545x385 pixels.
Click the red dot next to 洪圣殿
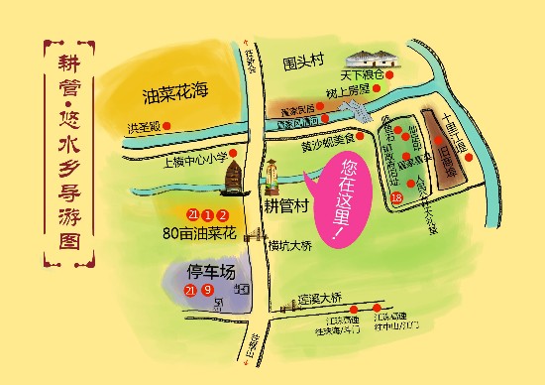pyautogui.click(x=166, y=126)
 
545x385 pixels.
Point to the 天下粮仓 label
pyautogui.click(x=364, y=74)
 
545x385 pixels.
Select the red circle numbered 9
pyautogui.click(x=207, y=290)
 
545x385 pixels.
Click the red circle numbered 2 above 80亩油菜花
pyautogui.click(x=224, y=214)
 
